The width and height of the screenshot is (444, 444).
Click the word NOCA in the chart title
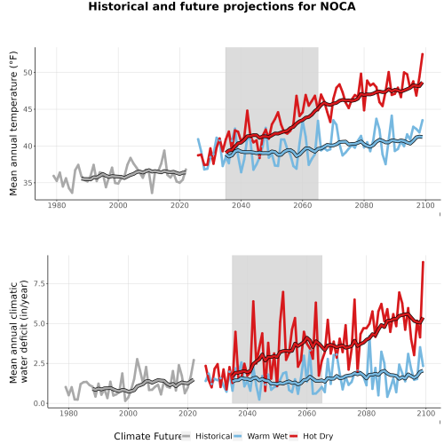[337, 6]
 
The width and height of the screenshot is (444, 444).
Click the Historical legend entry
[214, 436]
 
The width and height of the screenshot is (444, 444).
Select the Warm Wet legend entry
[267, 436]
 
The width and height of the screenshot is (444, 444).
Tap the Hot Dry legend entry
[318, 436]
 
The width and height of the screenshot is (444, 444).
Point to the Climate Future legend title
[147, 436]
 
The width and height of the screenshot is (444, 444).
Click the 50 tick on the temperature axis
[28, 73]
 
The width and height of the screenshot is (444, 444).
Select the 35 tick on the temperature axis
[28, 183]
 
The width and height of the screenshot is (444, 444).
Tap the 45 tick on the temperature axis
[28, 109]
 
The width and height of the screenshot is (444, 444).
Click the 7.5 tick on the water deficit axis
[39, 283]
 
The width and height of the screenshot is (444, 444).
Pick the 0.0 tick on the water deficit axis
[39, 403]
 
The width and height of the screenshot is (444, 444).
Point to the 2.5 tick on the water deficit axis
[39, 363]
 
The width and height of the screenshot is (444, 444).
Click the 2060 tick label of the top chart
[303, 205]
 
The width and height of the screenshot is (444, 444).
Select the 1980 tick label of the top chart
[57, 205]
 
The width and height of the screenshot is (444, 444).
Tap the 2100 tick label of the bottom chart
[426, 413]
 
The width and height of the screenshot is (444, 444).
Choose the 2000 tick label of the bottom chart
[128, 413]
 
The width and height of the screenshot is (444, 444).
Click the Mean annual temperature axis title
[13, 123]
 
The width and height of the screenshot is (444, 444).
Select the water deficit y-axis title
[19, 331]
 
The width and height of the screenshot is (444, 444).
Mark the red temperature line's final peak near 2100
[423, 54]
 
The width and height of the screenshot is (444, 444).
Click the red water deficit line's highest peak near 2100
[424, 262]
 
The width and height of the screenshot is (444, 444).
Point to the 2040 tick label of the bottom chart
[247, 413]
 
